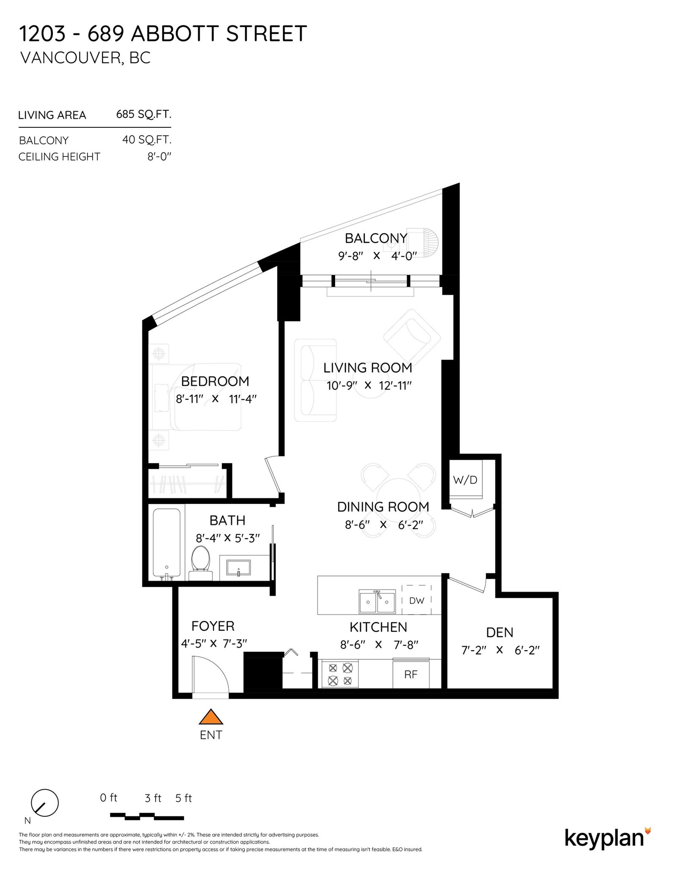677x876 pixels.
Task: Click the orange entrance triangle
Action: click(x=211, y=717)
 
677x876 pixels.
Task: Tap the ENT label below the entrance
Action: click(x=211, y=735)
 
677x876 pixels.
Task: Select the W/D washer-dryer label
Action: click(x=465, y=480)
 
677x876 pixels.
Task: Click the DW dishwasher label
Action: click(x=416, y=600)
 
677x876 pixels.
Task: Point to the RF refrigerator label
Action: click(x=411, y=674)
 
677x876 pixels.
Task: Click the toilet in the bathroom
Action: click(x=201, y=563)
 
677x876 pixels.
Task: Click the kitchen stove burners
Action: click(x=340, y=675)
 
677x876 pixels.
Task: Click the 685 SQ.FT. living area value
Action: click(x=143, y=114)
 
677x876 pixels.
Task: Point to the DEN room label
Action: click(x=500, y=633)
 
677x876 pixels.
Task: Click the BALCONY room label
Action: click(x=376, y=239)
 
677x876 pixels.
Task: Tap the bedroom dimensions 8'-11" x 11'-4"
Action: click(x=216, y=399)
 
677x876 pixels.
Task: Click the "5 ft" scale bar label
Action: click(x=183, y=798)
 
